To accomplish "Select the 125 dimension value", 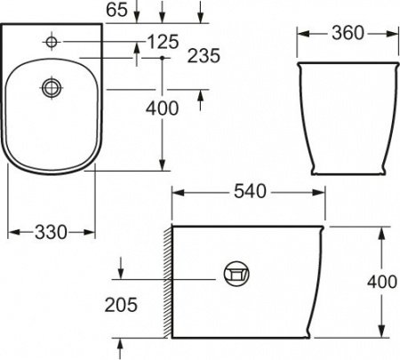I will click(163, 41).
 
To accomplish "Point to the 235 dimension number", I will click(205, 56).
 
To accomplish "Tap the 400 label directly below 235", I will click(161, 108).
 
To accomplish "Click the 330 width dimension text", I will click(52, 232).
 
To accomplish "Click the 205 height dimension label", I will click(121, 305).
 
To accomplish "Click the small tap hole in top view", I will click(52, 42).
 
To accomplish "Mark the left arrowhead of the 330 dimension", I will click(12, 232).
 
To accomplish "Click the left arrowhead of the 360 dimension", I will click(300, 34).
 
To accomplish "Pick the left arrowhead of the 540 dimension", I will click(175, 192).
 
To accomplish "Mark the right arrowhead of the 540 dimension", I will click(321, 192).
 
